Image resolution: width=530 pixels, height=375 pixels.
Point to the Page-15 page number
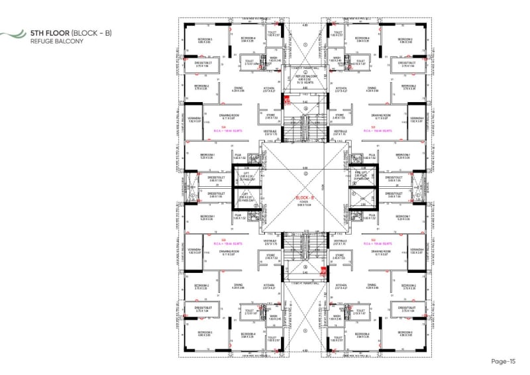pos(503,361)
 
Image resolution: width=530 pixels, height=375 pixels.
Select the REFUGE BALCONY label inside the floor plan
pos(305,76)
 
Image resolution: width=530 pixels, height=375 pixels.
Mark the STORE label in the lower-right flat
pos(341,254)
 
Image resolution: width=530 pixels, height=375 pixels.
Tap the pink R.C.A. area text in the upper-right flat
pos(378,131)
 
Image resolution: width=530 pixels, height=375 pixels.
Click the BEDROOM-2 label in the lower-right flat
pos(407,286)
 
